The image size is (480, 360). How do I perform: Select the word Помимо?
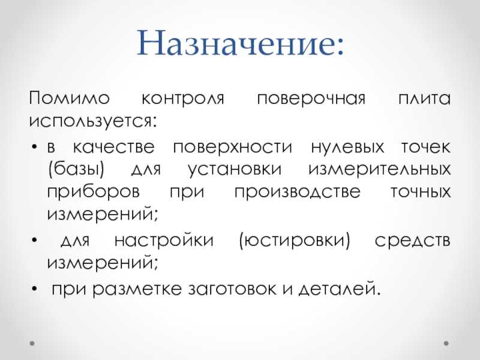70,98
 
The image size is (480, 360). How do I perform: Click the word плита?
424,99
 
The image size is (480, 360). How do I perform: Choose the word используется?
91,122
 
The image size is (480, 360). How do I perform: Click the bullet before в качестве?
34,147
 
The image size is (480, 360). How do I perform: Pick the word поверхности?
233,148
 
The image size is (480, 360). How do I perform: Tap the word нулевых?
347,148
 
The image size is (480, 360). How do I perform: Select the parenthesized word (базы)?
76,169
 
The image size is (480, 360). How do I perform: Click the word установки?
235,170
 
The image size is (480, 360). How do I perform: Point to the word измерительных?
380,170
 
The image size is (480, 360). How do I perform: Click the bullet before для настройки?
34,240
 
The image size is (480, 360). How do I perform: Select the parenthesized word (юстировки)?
295,241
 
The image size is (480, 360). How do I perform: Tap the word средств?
413,241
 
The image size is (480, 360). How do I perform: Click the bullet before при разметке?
34,289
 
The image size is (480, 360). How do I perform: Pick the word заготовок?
232,289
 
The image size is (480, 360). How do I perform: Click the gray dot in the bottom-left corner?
32,343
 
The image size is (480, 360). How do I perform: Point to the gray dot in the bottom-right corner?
446,343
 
